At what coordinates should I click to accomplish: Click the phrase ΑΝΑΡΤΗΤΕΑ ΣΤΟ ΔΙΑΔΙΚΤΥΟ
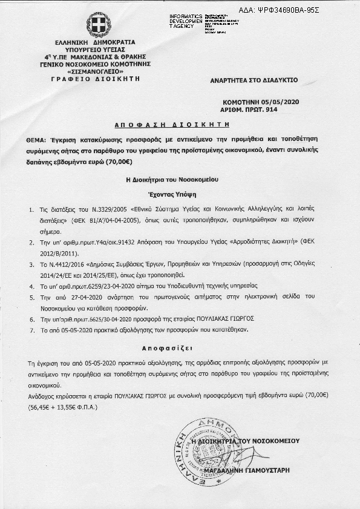[x=254, y=80]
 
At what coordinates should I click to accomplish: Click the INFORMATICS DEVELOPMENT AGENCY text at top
[x=187, y=20]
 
